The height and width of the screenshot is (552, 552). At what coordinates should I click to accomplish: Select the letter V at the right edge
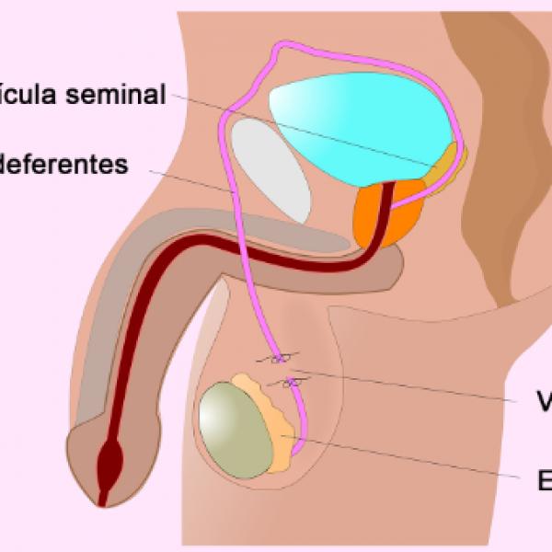click(545, 402)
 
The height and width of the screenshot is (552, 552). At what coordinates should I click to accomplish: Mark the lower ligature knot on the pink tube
click(291, 381)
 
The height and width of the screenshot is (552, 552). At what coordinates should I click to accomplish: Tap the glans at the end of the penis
click(97, 465)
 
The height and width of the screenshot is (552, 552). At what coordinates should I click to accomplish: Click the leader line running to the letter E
click(414, 458)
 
